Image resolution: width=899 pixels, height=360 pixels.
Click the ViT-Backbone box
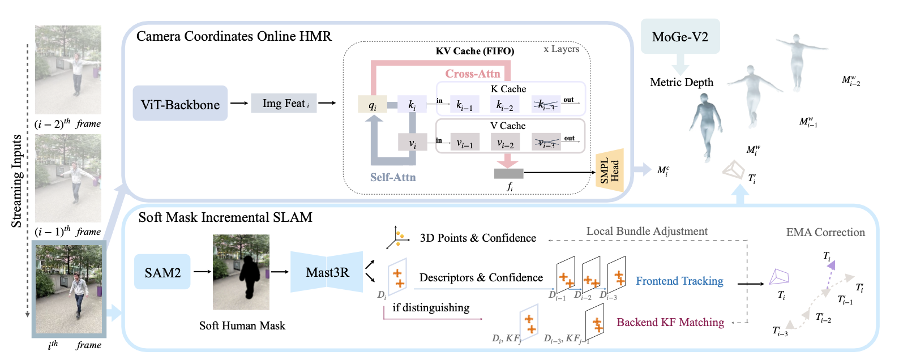coord(180,104)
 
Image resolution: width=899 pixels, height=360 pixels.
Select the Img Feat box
coord(284,103)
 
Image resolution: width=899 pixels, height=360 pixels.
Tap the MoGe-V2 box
coord(680,37)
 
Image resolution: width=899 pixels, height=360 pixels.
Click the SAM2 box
coord(162,272)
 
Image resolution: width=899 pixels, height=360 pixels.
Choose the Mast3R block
coord(327,272)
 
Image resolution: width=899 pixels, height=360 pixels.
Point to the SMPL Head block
coord(610,170)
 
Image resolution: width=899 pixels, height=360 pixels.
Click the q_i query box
coord(373,104)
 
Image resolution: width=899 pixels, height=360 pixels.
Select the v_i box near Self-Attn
coord(412,142)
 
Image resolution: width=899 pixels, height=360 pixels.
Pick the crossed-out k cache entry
coord(546,104)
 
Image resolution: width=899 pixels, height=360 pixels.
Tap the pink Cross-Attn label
coord(473,74)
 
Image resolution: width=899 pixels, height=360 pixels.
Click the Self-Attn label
coord(393,177)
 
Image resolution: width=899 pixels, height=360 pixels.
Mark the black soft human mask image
coord(241,272)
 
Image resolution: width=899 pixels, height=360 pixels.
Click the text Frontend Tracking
coord(679,281)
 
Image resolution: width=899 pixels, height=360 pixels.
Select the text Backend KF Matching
coord(670,322)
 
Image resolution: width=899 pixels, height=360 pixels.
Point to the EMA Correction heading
coord(825,232)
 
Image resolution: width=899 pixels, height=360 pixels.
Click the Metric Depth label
coord(682,82)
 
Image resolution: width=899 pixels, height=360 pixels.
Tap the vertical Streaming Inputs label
coord(17,181)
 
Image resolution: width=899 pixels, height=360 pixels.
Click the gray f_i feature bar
coord(508,173)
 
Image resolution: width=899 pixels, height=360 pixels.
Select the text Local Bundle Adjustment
coord(647,231)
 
